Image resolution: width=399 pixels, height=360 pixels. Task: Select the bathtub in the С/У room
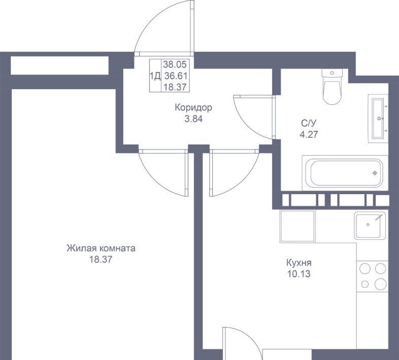(x=345, y=173)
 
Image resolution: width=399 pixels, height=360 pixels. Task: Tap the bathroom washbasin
(x=378, y=119)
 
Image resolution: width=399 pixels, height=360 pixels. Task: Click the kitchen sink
(x=370, y=226)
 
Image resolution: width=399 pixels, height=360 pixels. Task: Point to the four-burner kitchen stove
(x=372, y=276)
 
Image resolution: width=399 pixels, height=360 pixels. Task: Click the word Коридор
(x=193, y=107)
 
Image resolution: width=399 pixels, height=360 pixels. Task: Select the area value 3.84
(x=193, y=119)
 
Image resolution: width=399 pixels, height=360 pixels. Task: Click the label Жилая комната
(x=101, y=248)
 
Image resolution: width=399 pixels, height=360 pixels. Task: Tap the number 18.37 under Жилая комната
(x=101, y=260)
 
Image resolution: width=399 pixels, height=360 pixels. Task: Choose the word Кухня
(x=298, y=262)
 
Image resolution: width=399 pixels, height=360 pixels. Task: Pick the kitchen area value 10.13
(x=298, y=274)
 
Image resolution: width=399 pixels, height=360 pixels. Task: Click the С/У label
(x=309, y=123)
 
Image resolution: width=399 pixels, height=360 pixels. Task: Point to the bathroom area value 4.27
(x=309, y=134)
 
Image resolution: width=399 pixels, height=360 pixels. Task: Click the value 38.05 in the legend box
(x=175, y=64)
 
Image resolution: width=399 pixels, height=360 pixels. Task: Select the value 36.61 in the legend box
(x=176, y=76)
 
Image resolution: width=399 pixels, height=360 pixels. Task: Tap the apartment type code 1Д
(x=155, y=76)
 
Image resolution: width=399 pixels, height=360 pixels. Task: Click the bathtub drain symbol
(x=375, y=173)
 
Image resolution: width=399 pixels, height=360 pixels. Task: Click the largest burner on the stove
(x=380, y=283)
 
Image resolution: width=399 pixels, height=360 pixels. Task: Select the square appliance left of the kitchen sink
(x=297, y=226)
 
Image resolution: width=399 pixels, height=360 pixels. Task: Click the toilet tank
(x=332, y=73)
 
